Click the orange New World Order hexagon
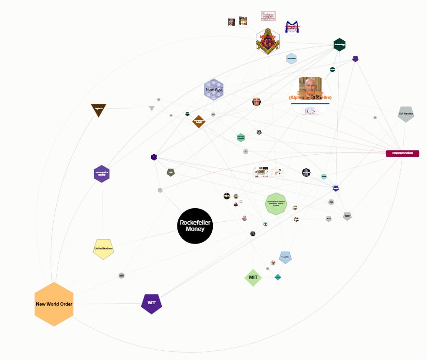54,304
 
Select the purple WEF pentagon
151,303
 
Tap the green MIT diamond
253,278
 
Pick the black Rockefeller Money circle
195,226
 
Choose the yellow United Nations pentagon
103,249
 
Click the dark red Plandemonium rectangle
402,153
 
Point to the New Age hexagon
213,90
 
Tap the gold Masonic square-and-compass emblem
268,42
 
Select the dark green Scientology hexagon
339,45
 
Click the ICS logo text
310,111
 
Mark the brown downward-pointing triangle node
98,110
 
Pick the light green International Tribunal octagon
276,203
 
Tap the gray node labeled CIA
331,202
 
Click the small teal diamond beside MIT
278,277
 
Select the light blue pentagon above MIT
285,257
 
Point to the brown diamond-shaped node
198,121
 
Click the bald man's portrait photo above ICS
310,87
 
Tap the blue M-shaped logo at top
291,26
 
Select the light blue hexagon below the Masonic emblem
291,59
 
